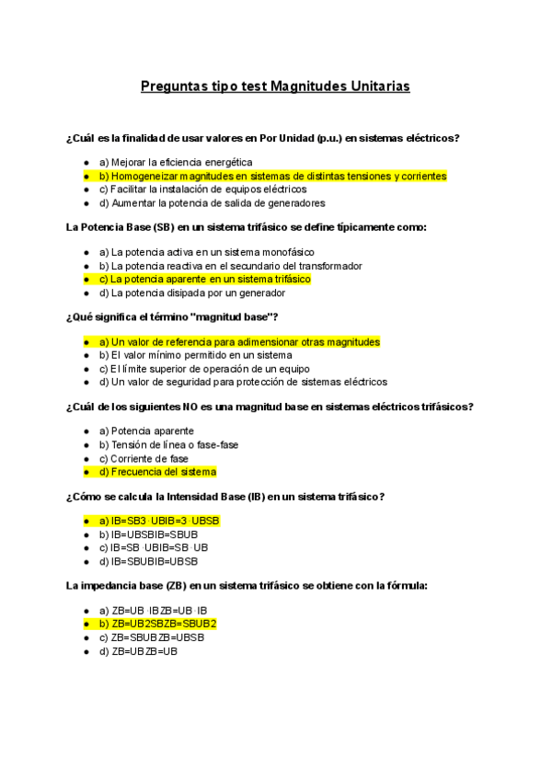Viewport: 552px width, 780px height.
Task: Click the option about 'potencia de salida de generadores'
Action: (x=212, y=202)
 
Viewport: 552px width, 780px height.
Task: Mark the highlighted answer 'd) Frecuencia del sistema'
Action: (x=157, y=472)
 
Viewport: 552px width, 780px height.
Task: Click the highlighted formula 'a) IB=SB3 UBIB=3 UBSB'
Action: (x=159, y=521)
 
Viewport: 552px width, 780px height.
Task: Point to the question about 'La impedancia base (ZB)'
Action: (x=247, y=585)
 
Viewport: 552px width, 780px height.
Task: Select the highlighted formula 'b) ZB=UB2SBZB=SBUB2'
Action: (x=157, y=624)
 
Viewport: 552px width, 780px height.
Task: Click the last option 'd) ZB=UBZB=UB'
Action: (x=138, y=651)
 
